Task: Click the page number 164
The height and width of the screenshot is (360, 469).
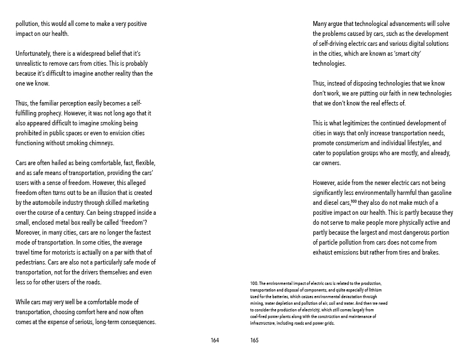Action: coord(215,340)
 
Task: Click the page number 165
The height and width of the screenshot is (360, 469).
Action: coord(254,340)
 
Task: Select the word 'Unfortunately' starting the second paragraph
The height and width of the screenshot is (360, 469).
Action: coord(33,54)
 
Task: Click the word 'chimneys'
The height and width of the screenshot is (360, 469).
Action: coord(101,143)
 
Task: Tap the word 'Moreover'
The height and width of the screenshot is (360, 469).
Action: coord(29,232)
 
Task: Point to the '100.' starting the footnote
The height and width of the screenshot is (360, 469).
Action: coord(254,283)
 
